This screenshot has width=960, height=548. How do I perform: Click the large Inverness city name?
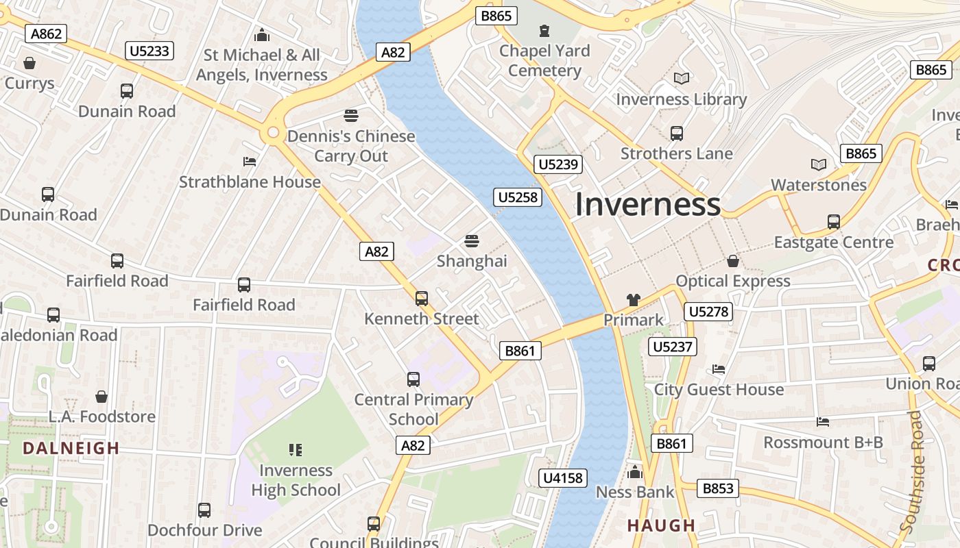pos(647,204)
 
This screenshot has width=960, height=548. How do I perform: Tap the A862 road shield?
pos(47,34)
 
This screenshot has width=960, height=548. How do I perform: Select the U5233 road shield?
pos(149,50)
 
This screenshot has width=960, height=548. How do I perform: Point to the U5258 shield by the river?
pos(518,198)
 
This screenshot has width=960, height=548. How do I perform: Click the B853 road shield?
pos(718,488)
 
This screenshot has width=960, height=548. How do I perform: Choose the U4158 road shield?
pos(563,477)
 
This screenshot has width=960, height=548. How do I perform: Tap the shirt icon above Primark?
pos(633,300)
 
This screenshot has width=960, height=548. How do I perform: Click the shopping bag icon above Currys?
pos(29,64)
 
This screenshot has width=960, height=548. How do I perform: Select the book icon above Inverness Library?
pos(681,79)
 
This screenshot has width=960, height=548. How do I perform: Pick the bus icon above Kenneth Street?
pos(421,299)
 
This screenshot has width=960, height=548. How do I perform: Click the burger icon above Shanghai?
pos(471,241)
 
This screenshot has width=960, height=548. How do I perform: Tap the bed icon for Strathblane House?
pos(250,162)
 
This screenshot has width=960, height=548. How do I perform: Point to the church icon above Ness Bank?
pos(635,472)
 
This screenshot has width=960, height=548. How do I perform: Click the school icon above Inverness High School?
pos(296,450)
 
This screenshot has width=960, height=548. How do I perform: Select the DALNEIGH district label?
pos(71,449)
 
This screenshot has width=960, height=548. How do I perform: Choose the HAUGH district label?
pos(662,525)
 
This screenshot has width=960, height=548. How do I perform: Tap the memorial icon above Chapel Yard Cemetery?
pos(544,31)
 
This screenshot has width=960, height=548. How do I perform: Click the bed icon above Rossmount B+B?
pos(823,421)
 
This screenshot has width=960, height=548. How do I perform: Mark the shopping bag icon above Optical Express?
pos(733,261)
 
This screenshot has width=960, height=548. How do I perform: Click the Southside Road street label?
pos(911,473)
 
